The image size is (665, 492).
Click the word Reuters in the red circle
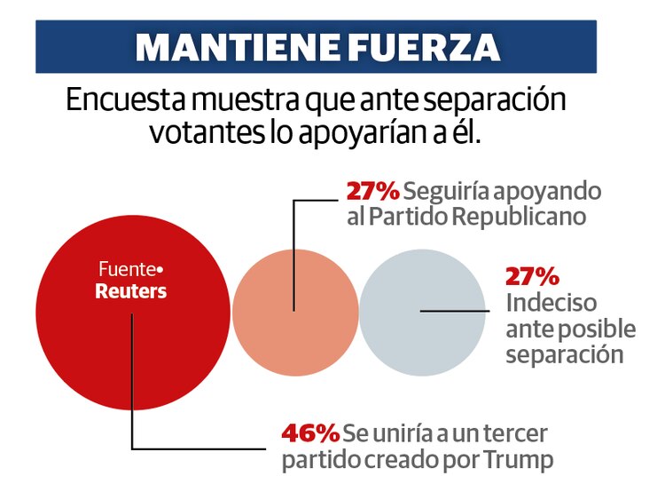pyautogui.click(x=131, y=291)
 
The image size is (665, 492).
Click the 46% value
pyautogui.click(x=310, y=433)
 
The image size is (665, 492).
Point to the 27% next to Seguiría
pyautogui.click(x=372, y=190)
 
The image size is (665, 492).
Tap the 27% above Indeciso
pyautogui.click(x=532, y=275)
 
